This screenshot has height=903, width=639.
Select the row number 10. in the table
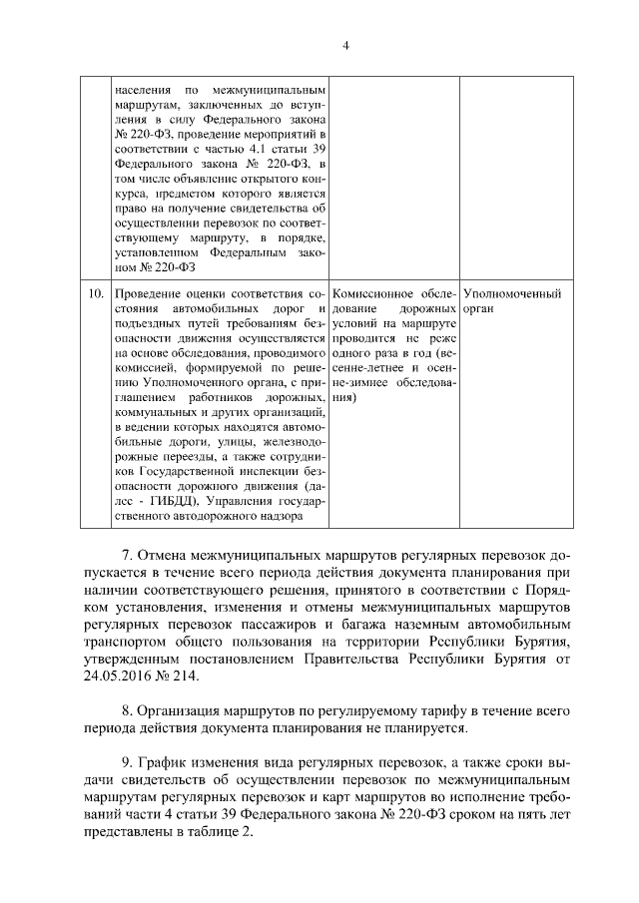coord(96,293)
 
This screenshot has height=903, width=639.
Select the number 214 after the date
coord(187,676)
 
